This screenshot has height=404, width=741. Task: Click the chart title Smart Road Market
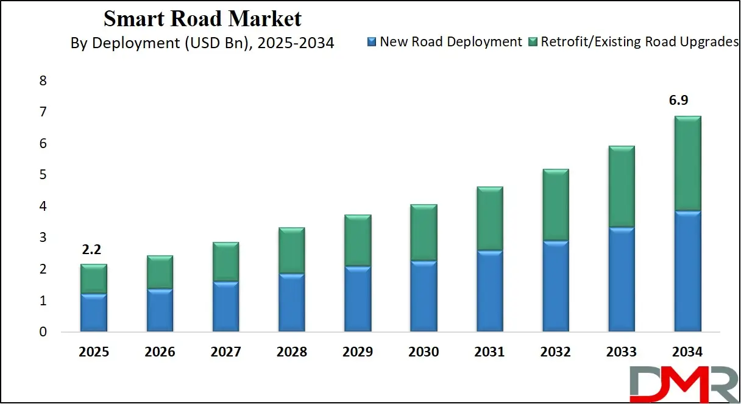coord(202,18)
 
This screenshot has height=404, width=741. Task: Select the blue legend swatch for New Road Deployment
coord(371,42)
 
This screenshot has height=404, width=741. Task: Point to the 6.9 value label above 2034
coord(687,99)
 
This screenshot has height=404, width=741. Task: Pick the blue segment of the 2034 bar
coord(687,271)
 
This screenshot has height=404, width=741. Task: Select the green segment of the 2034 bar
coord(687,163)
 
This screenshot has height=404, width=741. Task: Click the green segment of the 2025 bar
coord(93,278)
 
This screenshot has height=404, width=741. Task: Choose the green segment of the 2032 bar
coord(555,205)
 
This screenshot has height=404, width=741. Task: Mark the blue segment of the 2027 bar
coord(225,307)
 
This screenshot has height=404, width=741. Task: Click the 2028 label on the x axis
coord(291,352)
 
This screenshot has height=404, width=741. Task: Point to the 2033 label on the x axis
coord(621,352)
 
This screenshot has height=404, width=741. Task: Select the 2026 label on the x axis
coord(160,352)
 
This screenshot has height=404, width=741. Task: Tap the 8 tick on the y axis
coord(43,81)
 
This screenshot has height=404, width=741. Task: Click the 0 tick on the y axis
coord(43,333)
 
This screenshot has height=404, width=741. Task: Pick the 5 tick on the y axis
coord(43,175)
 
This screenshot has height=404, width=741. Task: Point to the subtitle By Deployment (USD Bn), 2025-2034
coord(202,43)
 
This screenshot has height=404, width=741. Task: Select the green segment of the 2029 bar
coord(357,240)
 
